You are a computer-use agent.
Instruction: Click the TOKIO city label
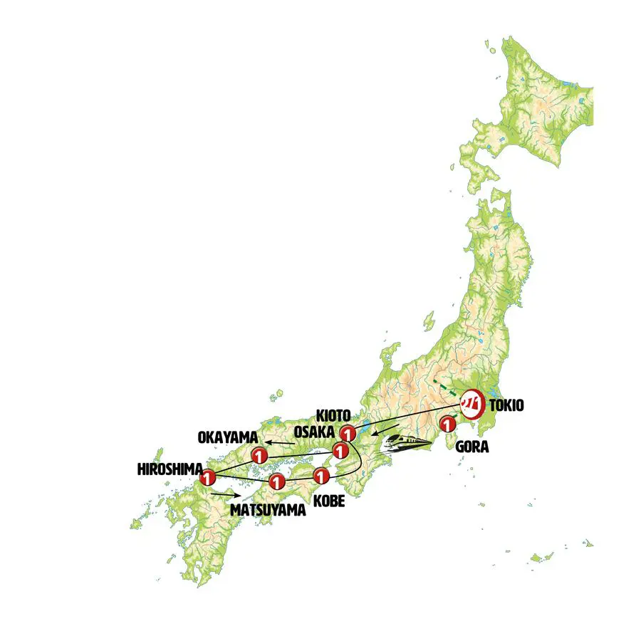tap(507, 406)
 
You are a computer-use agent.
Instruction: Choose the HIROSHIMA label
tap(167, 470)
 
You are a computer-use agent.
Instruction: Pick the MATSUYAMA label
tap(268, 510)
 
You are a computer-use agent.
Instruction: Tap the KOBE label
tap(328, 501)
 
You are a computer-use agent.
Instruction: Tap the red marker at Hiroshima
tap(208, 478)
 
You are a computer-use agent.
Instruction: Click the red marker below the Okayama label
tap(259, 455)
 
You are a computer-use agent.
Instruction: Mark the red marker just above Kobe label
tap(322, 475)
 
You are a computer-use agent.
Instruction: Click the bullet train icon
tap(407, 444)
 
